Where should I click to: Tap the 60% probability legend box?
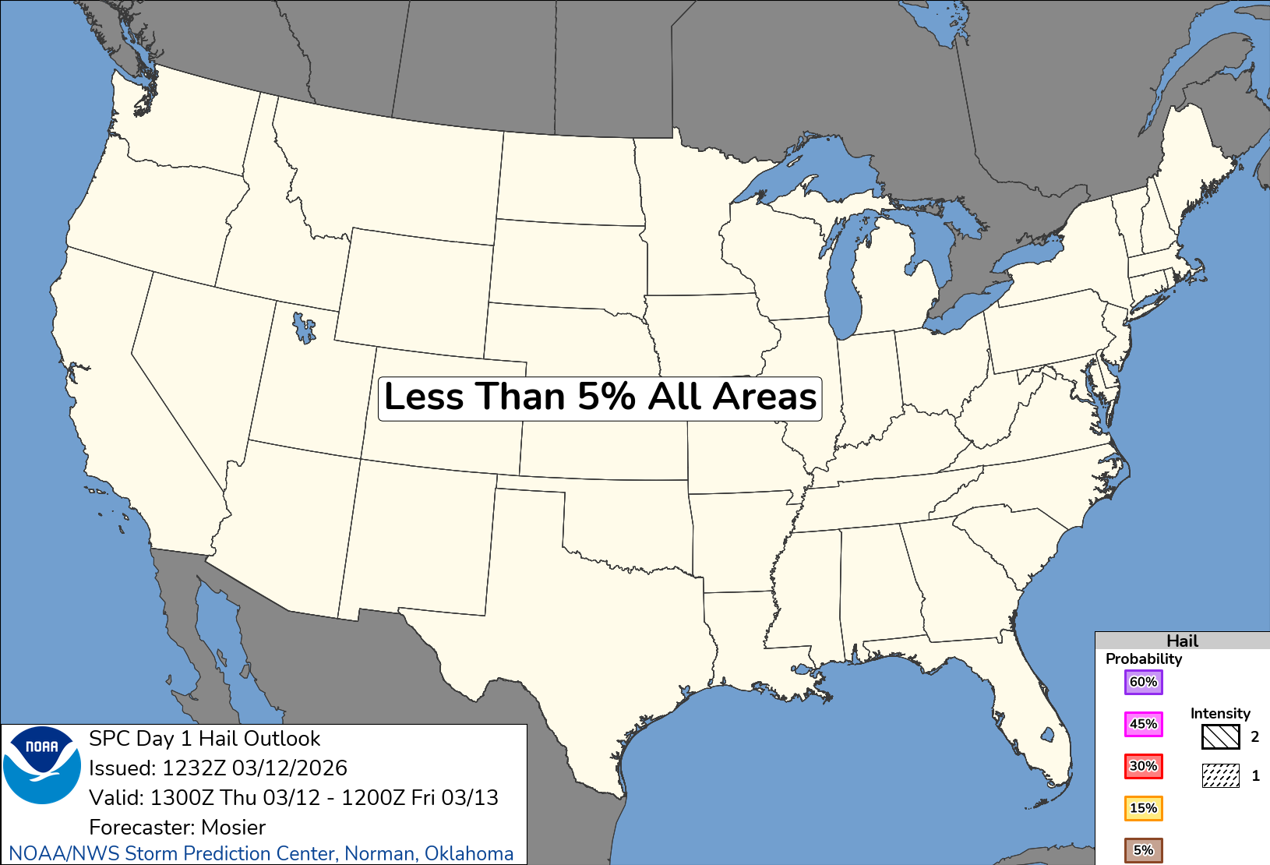(x=1143, y=682)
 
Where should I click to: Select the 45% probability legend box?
(x=1143, y=724)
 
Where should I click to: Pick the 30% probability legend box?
(x=1143, y=766)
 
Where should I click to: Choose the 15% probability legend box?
(x=1143, y=808)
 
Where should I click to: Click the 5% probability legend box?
(x=1143, y=850)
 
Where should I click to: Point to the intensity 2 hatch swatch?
(x=1220, y=736)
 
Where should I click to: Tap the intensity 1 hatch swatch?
(x=1220, y=775)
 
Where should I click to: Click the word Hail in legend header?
(x=1182, y=641)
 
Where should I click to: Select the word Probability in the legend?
(x=1143, y=659)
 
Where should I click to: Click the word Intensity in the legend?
(x=1219, y=714)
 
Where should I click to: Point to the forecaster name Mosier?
(x=233, y=827)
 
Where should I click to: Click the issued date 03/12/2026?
(x=289, y=768)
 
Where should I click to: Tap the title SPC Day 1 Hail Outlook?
(x=204, y=739)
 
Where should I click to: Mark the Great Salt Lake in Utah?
(x=303, y=327)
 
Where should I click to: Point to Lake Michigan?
(x=845, y=281)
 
